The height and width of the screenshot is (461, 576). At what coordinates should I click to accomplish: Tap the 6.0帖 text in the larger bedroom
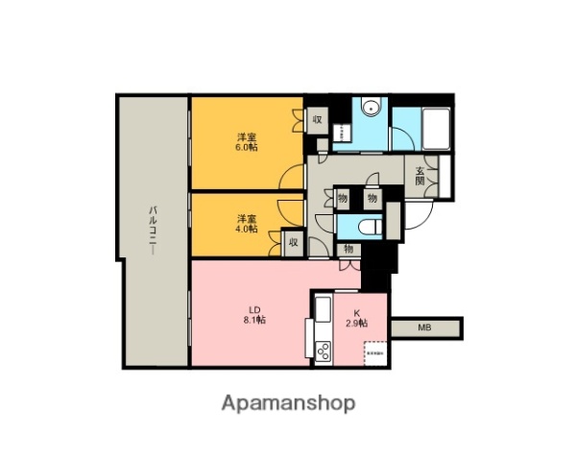click(247, 148)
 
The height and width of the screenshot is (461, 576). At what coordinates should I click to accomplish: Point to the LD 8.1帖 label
click(255, 314)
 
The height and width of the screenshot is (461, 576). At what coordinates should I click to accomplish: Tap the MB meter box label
click(424, 328)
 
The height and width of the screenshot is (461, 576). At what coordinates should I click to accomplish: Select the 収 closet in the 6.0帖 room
click(317, 121)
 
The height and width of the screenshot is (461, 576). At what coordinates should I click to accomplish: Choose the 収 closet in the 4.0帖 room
click(293, 243)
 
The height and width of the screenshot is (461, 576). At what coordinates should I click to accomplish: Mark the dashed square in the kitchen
click(375, 353)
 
